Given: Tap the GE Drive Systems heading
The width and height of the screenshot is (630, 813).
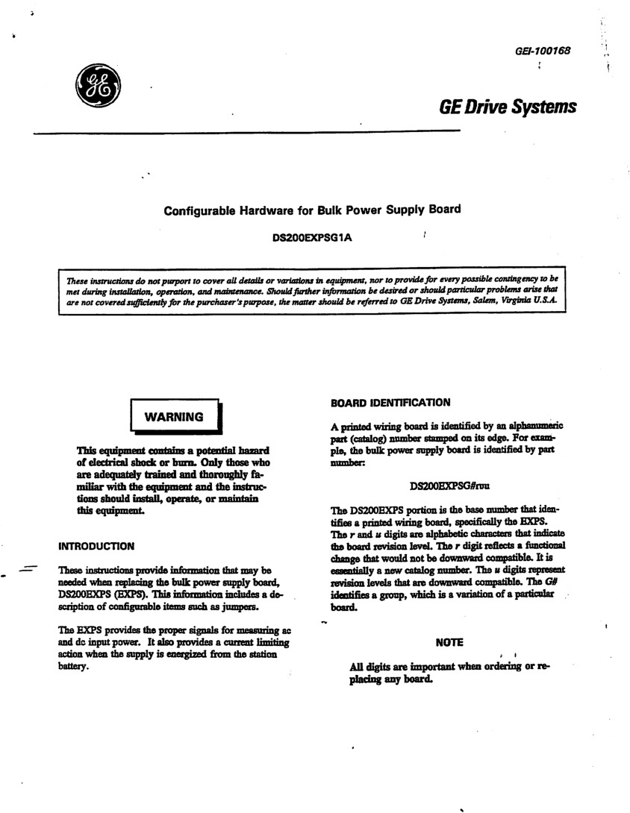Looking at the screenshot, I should point(508,107).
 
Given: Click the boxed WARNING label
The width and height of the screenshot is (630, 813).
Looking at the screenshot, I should point(173,417).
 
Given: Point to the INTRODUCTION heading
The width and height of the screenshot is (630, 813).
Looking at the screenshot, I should point(96,546).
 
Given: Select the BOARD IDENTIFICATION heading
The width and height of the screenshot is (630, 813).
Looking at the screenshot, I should point(390,403).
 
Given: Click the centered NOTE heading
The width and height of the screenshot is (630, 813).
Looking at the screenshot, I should point(449,642).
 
